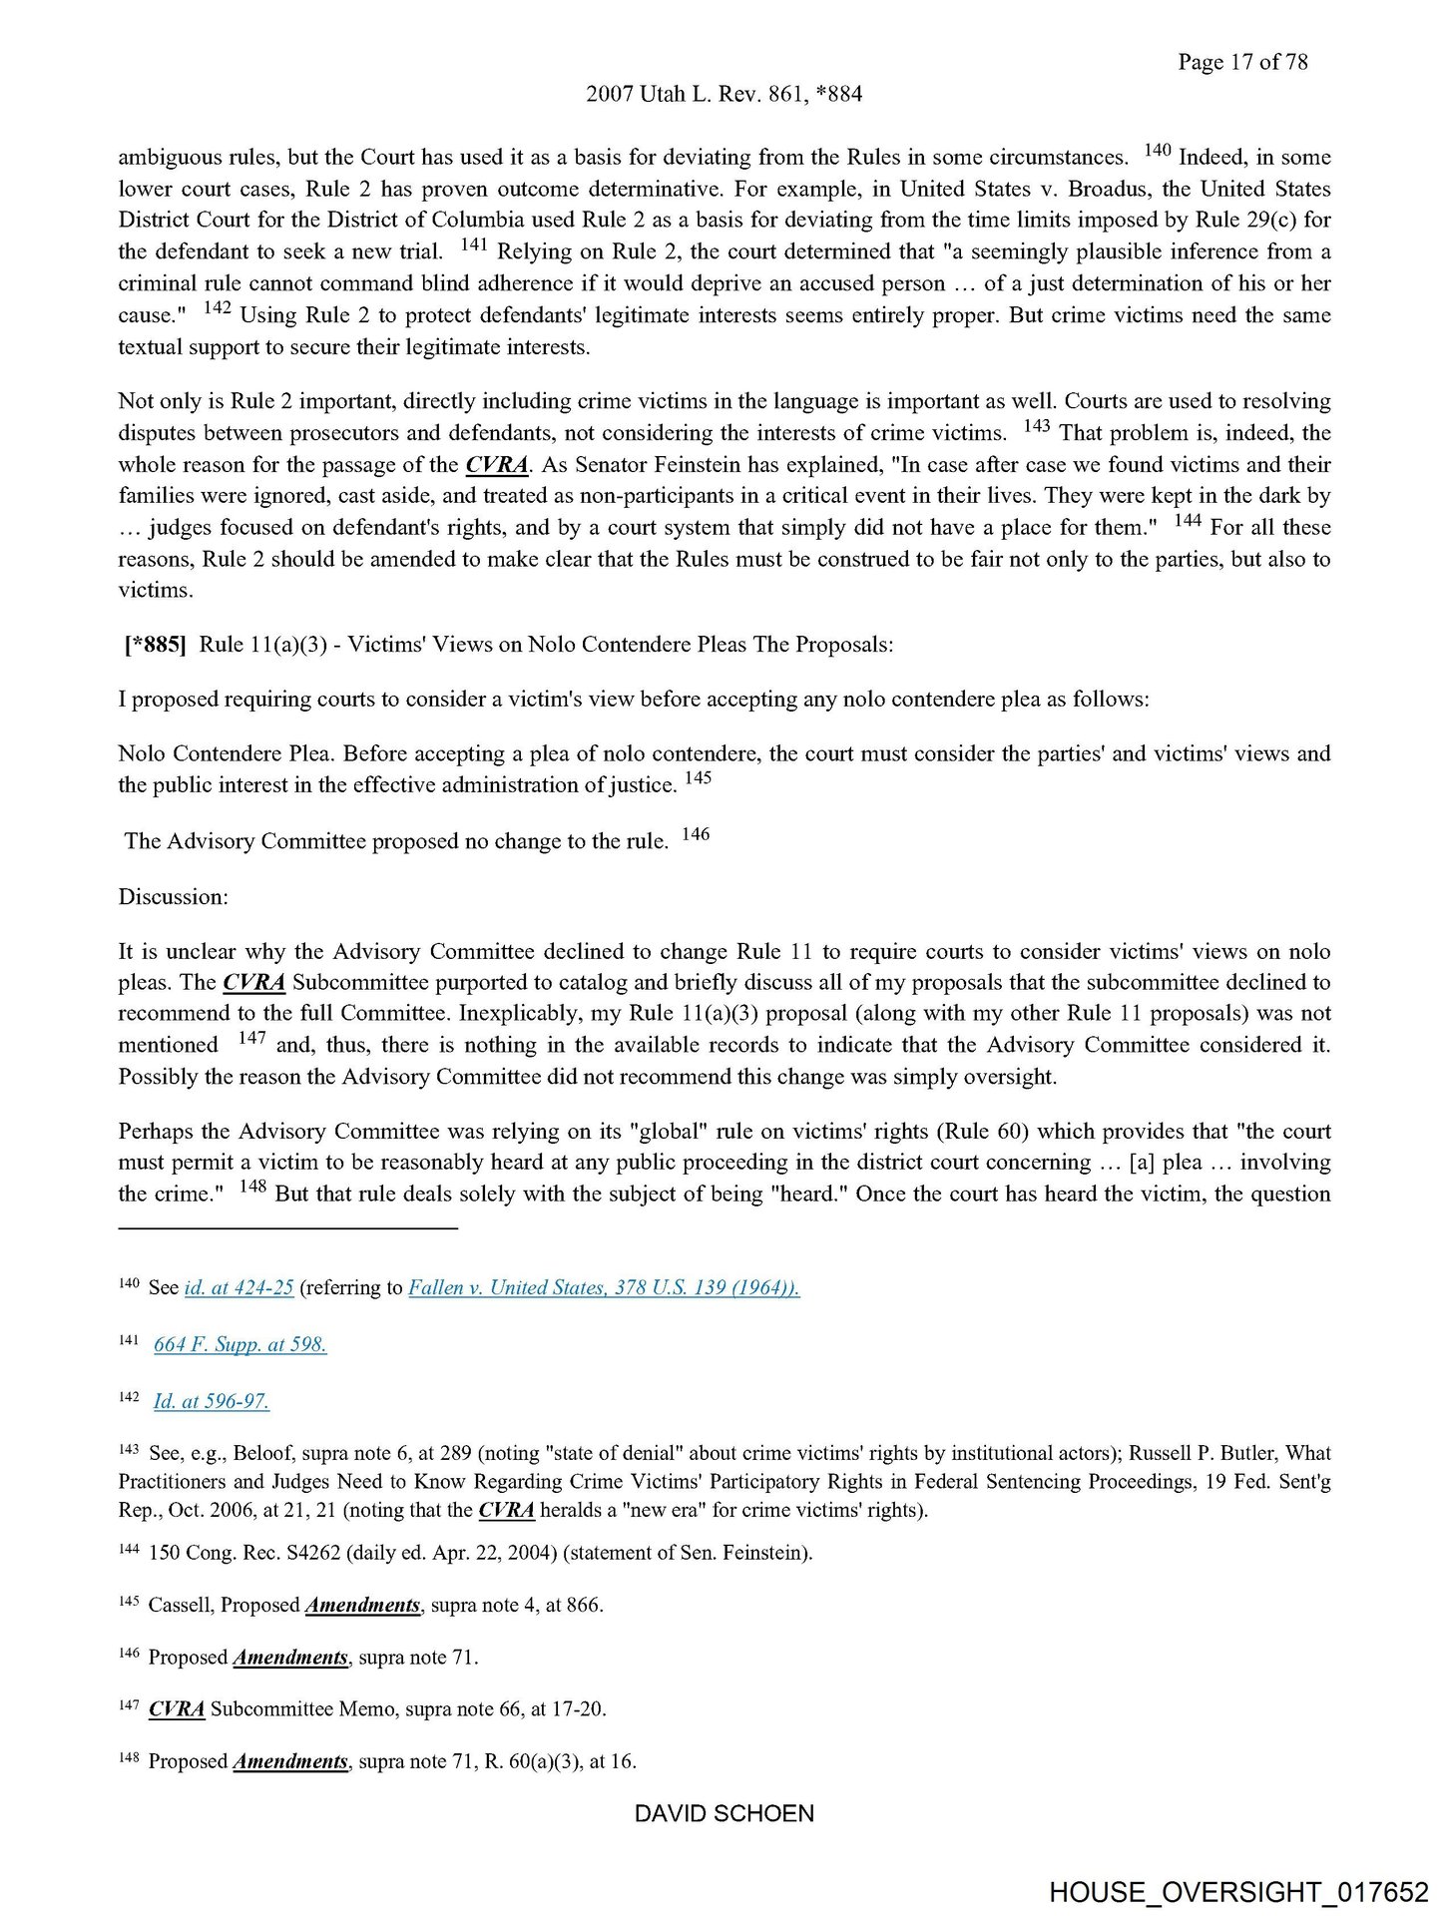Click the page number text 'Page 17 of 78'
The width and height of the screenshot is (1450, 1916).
tap(1241, 62)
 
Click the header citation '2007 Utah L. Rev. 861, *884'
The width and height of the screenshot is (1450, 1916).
tap(724, 94)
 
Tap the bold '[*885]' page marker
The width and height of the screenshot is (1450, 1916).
tap(154, 645)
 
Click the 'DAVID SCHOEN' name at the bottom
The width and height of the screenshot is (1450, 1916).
tap(724, 1813)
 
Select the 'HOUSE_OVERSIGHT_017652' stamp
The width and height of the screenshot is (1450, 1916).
tap(1238, 1892)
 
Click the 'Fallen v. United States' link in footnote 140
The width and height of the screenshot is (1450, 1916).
tap(604, 1287)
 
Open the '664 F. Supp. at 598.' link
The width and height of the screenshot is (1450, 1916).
tap(240, 1344)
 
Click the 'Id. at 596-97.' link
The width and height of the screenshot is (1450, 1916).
tap(211, 1401)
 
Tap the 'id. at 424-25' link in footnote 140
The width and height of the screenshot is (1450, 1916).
tap(239, 1287)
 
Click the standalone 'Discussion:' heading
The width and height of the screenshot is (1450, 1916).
tap(174, 896)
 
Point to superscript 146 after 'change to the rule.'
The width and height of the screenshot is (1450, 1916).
tap(696, 834)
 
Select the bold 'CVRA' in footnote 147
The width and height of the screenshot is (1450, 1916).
tap(177, 1708)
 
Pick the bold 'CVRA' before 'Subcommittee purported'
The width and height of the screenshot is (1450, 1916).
tap(253, 982)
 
